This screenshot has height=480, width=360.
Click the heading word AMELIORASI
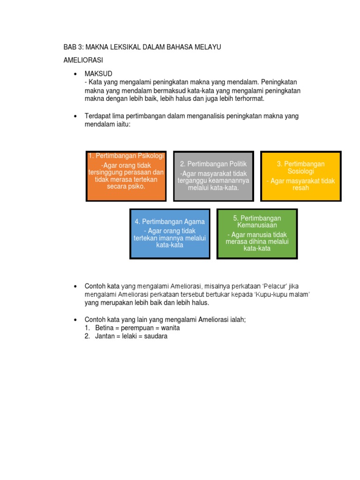(x=83, y=61)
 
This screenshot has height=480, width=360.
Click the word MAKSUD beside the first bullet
(x=98, y=75)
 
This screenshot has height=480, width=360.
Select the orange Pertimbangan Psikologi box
(x=126, y=176)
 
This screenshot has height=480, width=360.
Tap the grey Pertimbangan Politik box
(x=213, y=176)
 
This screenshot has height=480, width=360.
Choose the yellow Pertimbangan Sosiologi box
(x=300, y=176)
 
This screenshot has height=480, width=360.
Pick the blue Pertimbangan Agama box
(x=170, y=233)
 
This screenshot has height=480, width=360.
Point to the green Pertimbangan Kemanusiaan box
(x=257, y=233)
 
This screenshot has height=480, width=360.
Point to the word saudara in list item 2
(x=156, y=337)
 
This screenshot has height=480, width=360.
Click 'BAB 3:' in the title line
(x=73, y=47)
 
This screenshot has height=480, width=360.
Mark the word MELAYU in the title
(x=209, y=47)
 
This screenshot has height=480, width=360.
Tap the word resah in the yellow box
(x=300, y=188)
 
